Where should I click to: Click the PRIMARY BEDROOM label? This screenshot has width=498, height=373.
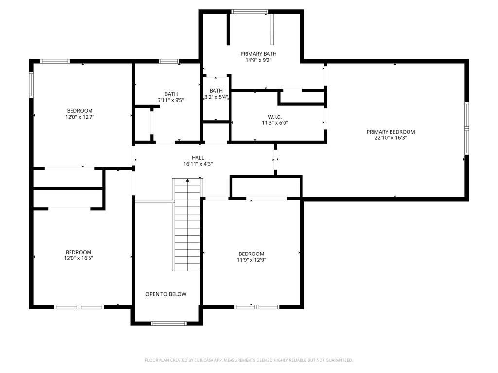[x=391, y=132]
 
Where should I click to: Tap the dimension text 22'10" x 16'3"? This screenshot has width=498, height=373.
[x=391, y=138]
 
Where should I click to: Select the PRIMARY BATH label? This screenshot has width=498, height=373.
[x=258, y=54]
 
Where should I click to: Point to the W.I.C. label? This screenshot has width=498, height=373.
[x=275, y=117]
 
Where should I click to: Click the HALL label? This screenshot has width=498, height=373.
[x=197, y=157]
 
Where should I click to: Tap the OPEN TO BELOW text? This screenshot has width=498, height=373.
[x=166, y=294]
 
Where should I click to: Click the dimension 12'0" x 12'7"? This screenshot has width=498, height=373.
[x=79, y=117]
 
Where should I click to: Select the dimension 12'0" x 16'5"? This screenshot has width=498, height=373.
[x=79, y=258]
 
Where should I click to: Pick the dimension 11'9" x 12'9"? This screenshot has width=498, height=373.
[x=251, y=260]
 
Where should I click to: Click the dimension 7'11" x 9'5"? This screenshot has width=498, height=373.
[x=171, y=100]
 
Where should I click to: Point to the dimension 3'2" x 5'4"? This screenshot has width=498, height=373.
[x=216, y=97]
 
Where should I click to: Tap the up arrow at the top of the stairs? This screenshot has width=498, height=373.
[x=187, y=180]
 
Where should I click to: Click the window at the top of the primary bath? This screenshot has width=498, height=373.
[x=249, y=11]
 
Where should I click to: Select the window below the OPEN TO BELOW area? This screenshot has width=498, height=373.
[x=168, y=323]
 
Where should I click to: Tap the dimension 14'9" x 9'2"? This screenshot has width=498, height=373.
[x=258, y=60]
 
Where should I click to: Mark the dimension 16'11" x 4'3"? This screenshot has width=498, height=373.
[x=197, y=164]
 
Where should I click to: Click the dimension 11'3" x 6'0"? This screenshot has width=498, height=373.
[x=275, y=123]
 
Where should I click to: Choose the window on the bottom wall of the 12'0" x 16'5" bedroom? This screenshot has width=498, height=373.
[x=79, y=307]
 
